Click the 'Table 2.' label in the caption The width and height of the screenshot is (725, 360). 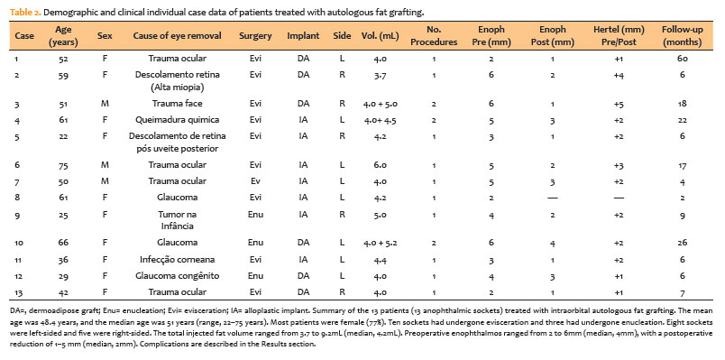[25, 13]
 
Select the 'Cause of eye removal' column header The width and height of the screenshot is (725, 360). [177, 35]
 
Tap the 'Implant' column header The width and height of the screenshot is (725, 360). [303, 35]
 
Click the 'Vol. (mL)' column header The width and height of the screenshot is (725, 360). [380, 35]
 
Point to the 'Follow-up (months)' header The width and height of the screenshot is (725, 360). [682, 35]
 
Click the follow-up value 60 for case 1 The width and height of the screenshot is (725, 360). [683, 59]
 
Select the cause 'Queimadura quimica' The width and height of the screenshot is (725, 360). [177, 120]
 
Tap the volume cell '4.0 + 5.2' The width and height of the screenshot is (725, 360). [381, 243]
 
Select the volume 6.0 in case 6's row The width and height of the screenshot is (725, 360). [381, 165]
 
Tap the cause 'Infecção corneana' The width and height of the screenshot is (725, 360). [177, 260]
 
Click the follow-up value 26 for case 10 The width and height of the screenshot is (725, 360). [683, 243]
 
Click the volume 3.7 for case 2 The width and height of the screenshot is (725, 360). [381, 75]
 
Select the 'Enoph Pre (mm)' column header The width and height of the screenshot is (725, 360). [491, 35]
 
